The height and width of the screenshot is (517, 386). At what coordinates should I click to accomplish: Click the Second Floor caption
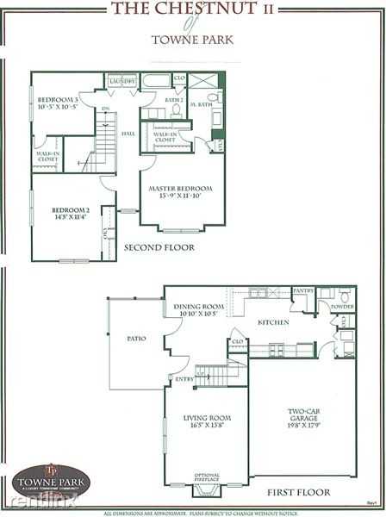(x=159, y=247)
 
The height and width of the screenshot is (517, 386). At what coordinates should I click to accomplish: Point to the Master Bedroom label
(x=180, y=191)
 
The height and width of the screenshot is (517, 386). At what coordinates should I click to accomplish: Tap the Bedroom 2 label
(x=70, y=214)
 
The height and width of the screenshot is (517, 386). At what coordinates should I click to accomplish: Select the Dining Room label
(x=199, y=309)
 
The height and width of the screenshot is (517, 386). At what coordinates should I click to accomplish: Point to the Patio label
(x=136, y=339)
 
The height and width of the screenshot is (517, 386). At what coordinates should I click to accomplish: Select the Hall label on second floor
(x=128, y=134)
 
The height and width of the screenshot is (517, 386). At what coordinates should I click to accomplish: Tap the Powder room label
(x=343, y=306)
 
